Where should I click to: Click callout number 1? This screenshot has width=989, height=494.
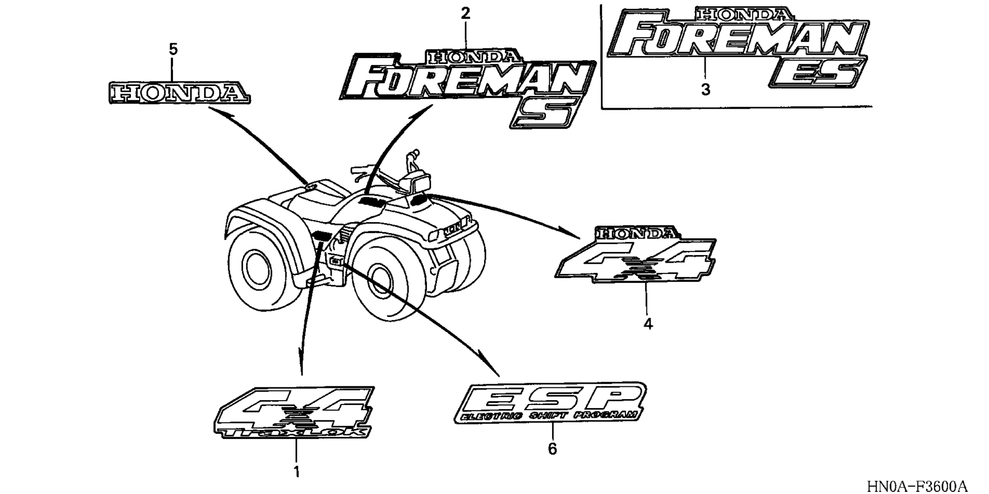pyautogui.click(x=296, y=471)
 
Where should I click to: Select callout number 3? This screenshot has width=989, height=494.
pyautogui.click(x=706, y=90)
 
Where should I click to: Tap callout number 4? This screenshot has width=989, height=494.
pyautogui.click(x=648, y=324)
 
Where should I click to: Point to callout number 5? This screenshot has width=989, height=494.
pyautogui.click(x=173, y=49)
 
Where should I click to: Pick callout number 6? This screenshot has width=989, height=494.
pyautogui.click(x=552, y=449)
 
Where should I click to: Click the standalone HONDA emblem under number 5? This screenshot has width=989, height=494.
pyautogui.click(x=180, y=93)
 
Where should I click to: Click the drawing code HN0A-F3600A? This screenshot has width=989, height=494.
pyautogui.click(x=917, y=486)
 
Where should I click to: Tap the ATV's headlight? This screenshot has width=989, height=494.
pyautogui.click(x=416, y=182)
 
